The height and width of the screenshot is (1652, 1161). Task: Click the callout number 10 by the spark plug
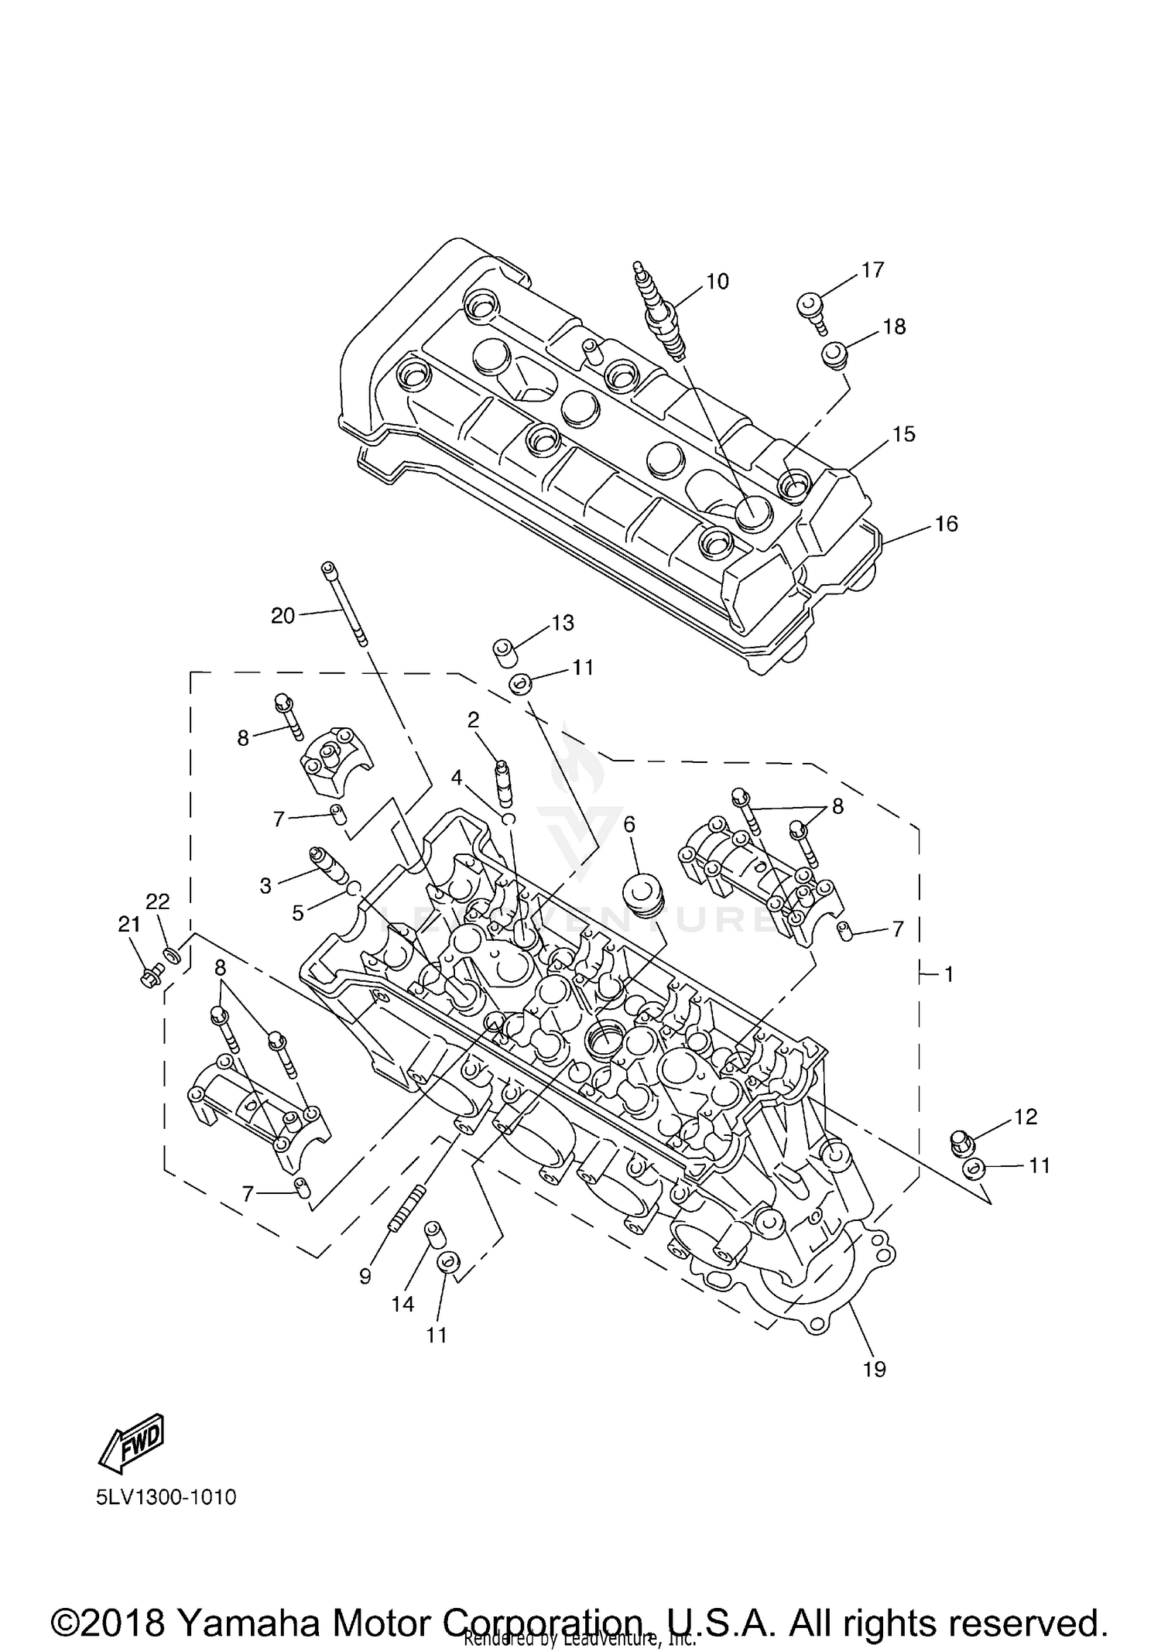[717, 282]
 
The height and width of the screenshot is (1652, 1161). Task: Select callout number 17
[872, 270]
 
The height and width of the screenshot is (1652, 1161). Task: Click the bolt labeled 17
[810, 311]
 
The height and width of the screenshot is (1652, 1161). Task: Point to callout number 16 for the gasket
[946, 524]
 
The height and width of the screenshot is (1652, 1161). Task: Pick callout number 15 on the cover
[903, 434]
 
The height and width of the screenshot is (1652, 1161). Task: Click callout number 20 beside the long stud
[283, 616]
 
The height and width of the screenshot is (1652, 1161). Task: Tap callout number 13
[563, 623]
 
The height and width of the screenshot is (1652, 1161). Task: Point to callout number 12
[1025, 1117]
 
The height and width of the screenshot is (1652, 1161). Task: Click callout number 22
[158, 901]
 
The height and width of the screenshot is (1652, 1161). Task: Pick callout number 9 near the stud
[365, 1277]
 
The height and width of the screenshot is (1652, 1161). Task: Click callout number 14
[402, 1305]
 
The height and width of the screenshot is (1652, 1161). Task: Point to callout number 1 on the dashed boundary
[949, 974]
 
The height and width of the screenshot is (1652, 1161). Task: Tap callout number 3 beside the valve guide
[265, 886]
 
